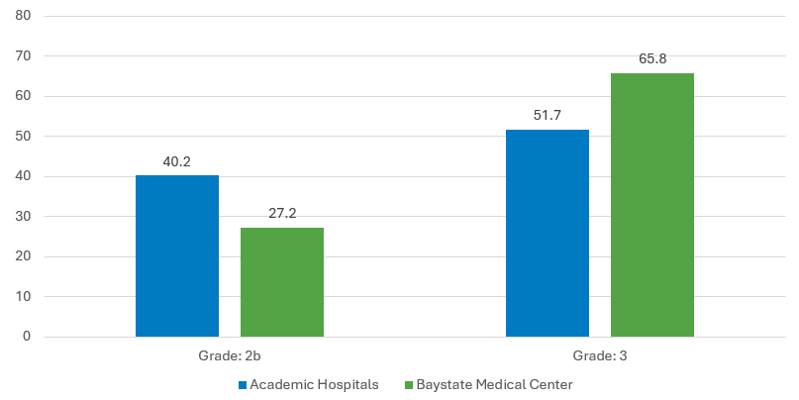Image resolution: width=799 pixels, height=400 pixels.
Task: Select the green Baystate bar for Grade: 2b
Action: (282, 282)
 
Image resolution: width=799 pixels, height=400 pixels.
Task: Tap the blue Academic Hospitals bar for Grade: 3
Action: (548, 233)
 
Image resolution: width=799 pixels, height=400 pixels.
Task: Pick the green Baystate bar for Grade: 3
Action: (652, 205)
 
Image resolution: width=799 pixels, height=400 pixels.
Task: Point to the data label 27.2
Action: (282, 214)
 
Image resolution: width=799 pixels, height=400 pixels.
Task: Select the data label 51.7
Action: (548, 116)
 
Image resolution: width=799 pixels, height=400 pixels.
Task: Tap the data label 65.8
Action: (652, 59)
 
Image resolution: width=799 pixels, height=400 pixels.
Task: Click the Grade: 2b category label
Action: (230, 355)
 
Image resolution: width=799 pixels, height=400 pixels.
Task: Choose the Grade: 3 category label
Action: (600, 355)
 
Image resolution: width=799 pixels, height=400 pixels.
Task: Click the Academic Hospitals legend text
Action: (314, 384)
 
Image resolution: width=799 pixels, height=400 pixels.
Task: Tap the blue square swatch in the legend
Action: (242, 384)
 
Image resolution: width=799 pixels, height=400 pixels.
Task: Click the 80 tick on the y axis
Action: (23, 17)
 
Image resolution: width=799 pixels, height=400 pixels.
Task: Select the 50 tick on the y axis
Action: (23, 137)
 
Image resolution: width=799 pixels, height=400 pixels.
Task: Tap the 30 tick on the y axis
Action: (23, 217)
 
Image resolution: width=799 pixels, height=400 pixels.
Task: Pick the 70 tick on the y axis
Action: (23, 56)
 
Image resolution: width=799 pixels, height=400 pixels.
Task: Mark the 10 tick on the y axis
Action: (23, 297)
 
